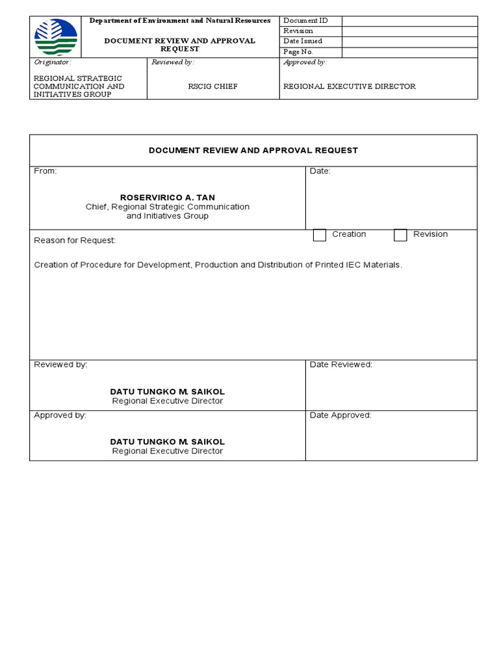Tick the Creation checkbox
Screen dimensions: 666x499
(320, 235)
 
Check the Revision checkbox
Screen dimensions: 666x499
(400, 235)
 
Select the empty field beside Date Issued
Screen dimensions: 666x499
(409, 42)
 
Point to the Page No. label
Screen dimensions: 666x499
(298, 51)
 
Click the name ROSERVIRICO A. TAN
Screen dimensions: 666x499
(168, 197)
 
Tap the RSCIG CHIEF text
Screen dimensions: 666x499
(213, 87)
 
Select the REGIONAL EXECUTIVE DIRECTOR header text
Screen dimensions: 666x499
(350, 87)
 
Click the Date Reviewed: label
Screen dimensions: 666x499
(341, 365)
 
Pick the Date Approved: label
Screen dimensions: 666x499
(340, 416)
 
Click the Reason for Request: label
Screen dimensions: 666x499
(75, 241)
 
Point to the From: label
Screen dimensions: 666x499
(45, 171)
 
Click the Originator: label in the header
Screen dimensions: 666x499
(52, 62)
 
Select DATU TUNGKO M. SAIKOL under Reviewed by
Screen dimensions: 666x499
(168, 392)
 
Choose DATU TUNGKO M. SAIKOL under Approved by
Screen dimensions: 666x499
(168, 442)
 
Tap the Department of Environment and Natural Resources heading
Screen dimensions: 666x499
(180, 21)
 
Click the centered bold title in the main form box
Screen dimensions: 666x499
(253, 150)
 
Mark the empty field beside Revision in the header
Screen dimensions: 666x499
(409, 31)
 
